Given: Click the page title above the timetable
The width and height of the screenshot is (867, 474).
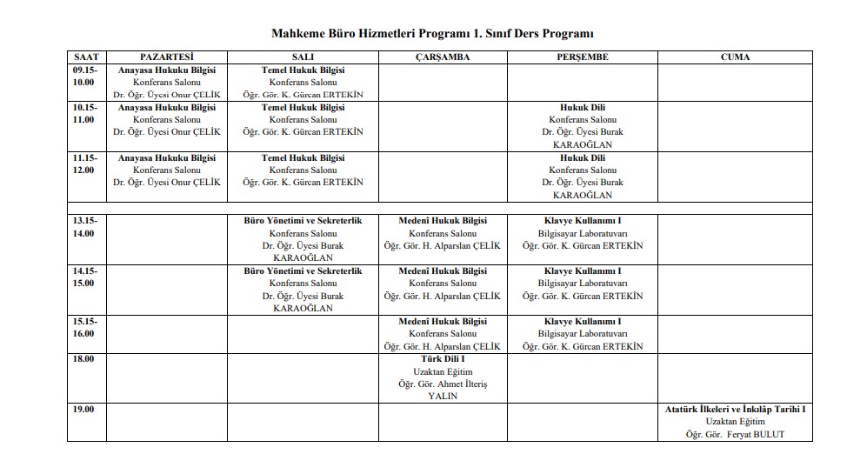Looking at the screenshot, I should [433, 33].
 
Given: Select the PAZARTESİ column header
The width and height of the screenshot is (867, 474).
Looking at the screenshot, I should [167, 57].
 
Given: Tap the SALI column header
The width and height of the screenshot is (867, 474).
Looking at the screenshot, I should [303, 57].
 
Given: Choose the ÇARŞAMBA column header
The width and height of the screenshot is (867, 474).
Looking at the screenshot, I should [443, 57].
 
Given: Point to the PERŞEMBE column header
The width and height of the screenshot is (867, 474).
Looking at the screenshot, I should [582, 57].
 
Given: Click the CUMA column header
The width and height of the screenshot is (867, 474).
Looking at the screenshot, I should [735, 57].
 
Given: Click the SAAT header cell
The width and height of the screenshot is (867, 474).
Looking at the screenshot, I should [86, 57].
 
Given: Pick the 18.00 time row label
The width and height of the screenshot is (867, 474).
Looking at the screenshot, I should [84, 358].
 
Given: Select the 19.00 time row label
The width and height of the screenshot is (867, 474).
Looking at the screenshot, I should [84, 409].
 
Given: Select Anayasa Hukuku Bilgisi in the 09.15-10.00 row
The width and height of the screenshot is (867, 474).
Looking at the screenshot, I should [167, 70].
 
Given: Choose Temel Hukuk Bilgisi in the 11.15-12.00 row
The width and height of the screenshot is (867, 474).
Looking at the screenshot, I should [303, 158].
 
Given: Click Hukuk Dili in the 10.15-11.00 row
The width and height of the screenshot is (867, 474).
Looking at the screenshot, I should [582, 108].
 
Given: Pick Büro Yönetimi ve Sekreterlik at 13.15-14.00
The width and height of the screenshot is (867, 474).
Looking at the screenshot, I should [303, 221].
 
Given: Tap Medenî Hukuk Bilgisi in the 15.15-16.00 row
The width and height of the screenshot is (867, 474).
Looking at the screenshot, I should [443, 322].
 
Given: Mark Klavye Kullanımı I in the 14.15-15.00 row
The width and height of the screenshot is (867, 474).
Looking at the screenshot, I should [582, 271].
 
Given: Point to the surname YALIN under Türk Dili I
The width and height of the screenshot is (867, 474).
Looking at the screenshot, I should [443, 396].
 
